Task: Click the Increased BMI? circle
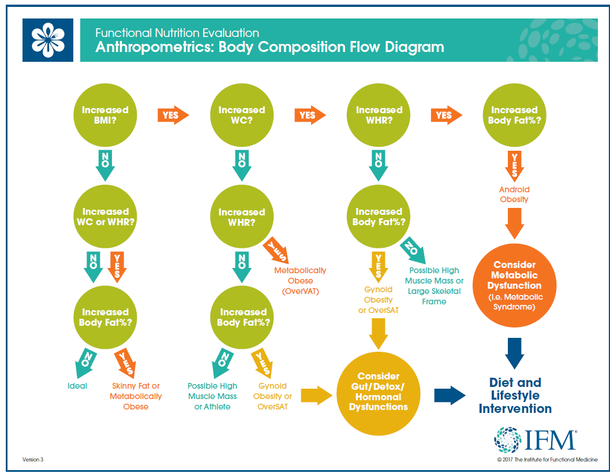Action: (x=105, y=115)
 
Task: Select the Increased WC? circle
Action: (x=242, y=115)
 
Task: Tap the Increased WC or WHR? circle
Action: (x=105, y=217)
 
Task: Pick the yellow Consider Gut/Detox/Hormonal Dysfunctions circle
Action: (x=378, y=391)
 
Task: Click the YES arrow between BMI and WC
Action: (x=173, y=115)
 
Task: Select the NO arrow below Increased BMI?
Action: (x=105, y=164)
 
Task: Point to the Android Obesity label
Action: (x=514, y=194)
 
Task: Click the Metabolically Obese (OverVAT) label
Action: (x=300, y=281)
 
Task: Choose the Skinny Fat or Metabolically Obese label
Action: (x=136, y=396)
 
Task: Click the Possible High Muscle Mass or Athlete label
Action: (x=212, y=396)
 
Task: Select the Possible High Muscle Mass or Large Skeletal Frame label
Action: (x=435, y=285)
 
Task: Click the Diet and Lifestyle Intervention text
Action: (x=515, y=396)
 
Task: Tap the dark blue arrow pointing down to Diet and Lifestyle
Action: (x=514, y=352)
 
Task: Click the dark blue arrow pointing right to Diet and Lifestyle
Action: (x=449, y=395)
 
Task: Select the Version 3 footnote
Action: (x=33, y=459)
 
